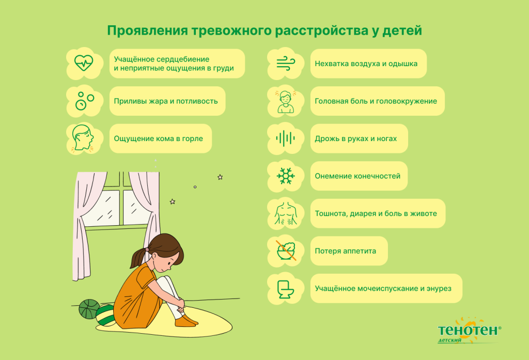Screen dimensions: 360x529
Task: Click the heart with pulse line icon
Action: point(83,63)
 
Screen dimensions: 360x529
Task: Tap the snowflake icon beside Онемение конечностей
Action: point(285,176)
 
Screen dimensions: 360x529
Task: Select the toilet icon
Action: point(285,288)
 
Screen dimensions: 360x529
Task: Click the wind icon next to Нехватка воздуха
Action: point(285,64)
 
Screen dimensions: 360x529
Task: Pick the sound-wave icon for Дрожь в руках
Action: point(285,138)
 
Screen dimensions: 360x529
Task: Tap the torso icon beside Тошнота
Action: point(285,213)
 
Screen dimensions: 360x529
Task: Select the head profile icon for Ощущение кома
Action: point(83,138)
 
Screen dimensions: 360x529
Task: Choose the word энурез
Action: point(438,288)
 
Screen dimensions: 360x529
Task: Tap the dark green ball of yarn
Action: point(89,308)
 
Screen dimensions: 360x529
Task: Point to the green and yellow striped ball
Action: point(105,315)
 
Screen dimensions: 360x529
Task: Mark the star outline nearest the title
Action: point(220,177)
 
